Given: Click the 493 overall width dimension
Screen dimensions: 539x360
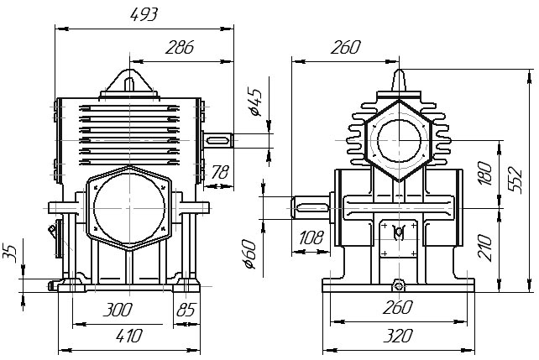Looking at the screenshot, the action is point(144,15).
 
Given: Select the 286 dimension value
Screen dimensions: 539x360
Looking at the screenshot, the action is point(180,47).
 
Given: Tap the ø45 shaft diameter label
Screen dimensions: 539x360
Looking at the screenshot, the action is point(255,102).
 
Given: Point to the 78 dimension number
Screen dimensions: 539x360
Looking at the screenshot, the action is point(220,172).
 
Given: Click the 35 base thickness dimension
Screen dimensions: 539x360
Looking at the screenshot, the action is point(9,253).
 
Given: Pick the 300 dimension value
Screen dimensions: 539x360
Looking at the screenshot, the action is point(118,310).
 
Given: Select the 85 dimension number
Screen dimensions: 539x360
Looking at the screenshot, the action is point(186,310).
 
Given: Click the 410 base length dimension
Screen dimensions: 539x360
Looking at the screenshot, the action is point(129,336).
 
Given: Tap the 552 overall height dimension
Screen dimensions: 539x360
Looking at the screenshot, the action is point(515,180).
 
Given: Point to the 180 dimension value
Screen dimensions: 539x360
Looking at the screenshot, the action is point(485,174).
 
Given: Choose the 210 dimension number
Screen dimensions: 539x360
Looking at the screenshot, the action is point(485,248).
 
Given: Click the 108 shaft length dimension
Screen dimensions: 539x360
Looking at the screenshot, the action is point(311,237).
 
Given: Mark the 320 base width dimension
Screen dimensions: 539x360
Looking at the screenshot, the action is point(398,336).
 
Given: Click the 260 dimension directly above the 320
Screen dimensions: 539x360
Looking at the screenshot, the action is point(398,307).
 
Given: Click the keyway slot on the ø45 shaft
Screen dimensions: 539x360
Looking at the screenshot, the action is point(217,140).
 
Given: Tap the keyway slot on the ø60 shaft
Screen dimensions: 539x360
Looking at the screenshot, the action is point(311,207).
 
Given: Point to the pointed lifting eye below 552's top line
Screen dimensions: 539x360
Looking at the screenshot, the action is point(399,81).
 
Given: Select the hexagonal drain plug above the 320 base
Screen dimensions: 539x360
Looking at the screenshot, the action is point(399,285).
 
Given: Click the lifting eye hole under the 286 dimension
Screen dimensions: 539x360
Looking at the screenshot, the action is point(129,84).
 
